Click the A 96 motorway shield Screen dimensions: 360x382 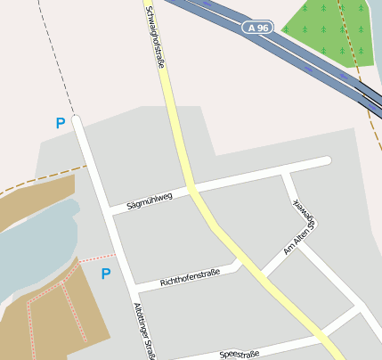tap(257, 29)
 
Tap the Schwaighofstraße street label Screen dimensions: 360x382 tap(155, 37)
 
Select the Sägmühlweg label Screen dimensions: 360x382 tap(149, 200)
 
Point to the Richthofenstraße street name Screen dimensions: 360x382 tap(189, 278)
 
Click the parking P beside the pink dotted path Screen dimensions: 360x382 tap(105, 274)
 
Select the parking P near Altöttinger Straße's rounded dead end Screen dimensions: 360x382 tap(61, 124)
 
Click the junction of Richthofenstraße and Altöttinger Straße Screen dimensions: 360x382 tap(132, 288)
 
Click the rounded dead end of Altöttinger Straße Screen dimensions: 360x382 tap(77, 119)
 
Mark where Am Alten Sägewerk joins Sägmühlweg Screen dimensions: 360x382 tap(285, 171)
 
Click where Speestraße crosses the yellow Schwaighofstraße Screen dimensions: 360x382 tap(323, 340)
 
